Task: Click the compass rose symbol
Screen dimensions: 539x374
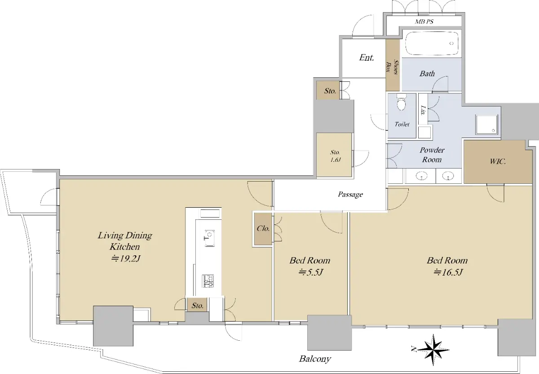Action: (x=433, y=350)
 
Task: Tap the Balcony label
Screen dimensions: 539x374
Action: (x=315, y=359)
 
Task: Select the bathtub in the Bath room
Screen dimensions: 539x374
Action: (x=432, y=44)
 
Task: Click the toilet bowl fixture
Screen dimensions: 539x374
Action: (x=401, y=102)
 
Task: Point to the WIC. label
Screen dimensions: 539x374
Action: (x=498, y=161)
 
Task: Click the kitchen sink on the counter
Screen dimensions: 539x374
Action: (x=209, y=238)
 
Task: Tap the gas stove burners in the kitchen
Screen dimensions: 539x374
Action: (x=208, y=281)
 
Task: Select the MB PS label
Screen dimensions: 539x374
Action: (x=424, y=22)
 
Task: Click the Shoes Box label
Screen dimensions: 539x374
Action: (x=393, y=67)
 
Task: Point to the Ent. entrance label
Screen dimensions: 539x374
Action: (x=367, y=58)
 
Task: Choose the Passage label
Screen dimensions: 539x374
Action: (x=350, y=194)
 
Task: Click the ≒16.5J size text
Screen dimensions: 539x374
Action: (x=448, y=272)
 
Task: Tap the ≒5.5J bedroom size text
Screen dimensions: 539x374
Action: (x=311, y=272)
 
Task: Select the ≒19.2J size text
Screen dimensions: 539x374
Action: (x=125, y=258)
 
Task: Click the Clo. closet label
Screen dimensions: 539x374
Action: (x=263, y=228)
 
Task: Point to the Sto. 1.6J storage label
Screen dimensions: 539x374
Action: (x=335, y=156)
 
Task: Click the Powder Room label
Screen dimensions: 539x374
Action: (x=432, y=155)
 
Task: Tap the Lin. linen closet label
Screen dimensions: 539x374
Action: (x=423, y=110)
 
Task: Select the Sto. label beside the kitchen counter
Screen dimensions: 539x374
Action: (x=198, y=306)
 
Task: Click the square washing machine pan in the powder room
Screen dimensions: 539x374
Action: (x=486, y=124)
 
